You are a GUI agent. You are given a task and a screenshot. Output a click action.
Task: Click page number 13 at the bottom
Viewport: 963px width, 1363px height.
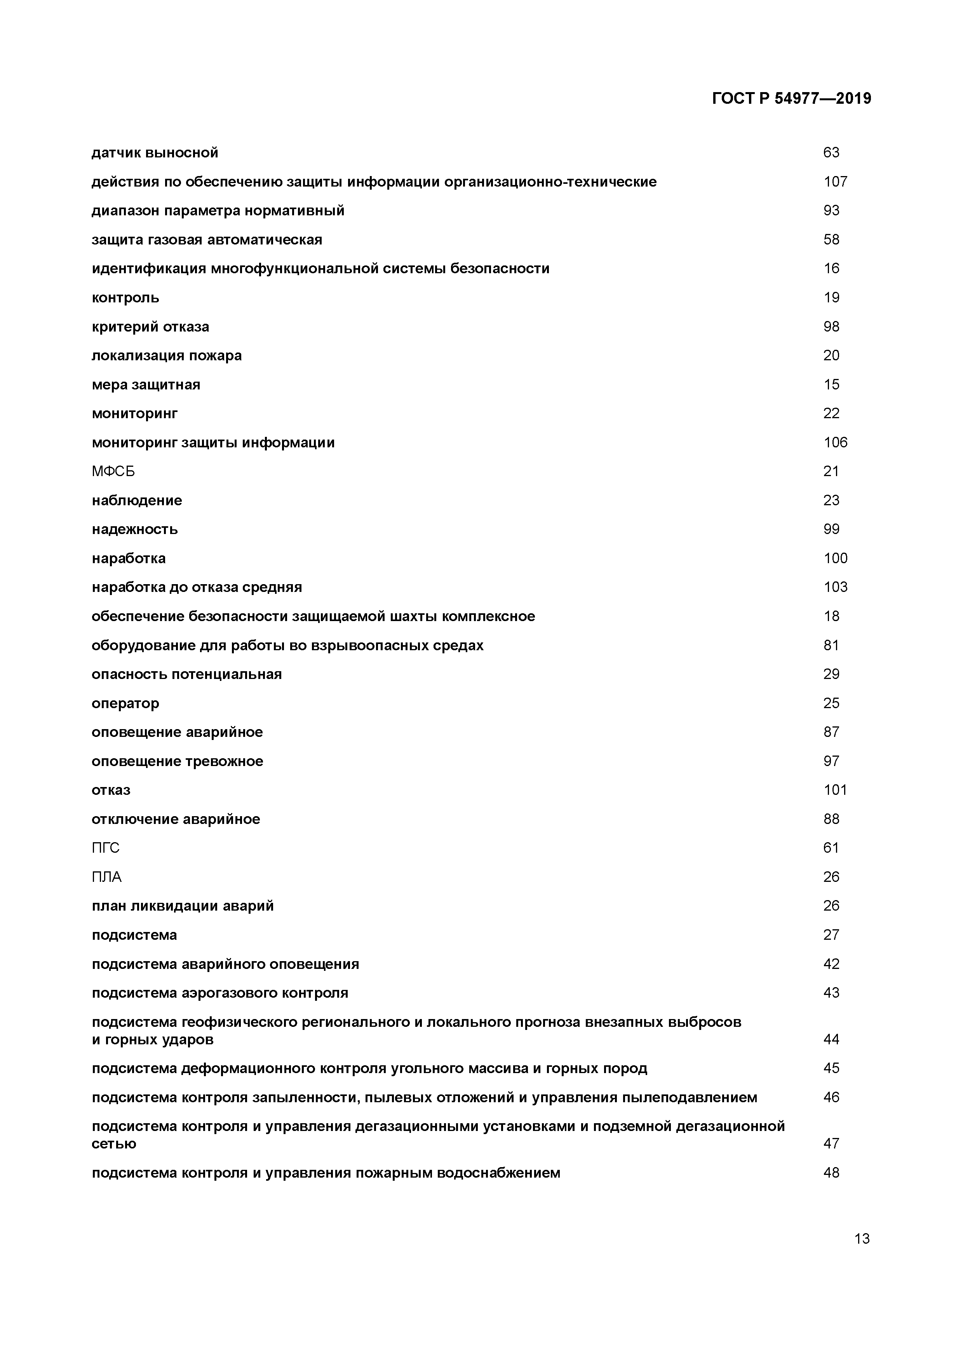coord(862,1238)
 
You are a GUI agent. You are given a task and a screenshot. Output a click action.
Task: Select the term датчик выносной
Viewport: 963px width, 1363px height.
coord(155,153)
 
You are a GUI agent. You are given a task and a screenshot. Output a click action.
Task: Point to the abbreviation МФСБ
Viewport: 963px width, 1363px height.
coord(113,471)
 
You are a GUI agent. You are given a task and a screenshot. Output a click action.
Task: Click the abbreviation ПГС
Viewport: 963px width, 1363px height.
coord(106,848)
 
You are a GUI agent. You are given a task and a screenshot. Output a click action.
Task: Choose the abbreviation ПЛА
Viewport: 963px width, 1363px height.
coord(107,877)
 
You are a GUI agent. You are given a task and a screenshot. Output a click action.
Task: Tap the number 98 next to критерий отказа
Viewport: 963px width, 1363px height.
coord(831,326)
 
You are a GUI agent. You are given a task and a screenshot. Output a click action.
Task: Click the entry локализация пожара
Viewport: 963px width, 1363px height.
coord(167,356)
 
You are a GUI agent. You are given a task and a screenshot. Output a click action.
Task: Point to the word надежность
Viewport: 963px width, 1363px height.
coord(135,529)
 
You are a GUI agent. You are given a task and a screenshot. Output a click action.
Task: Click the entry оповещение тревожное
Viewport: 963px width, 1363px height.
coord(178,761)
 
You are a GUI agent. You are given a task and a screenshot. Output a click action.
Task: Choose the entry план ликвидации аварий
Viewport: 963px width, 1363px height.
coord(183,906)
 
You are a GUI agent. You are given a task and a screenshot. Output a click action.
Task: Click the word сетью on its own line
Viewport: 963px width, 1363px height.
coord(114,1143)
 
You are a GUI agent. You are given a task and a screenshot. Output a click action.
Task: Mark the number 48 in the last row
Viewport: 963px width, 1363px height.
coord(831,1173)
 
